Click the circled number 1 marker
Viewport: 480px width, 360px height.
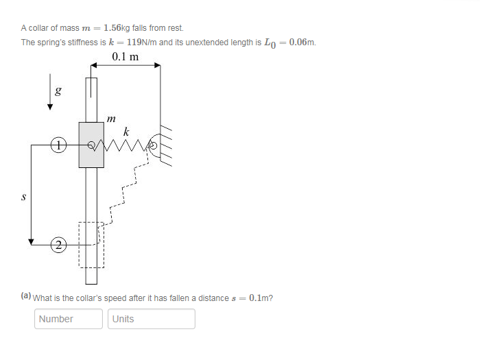pos(60,145)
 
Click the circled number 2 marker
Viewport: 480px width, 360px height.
pos(60,244)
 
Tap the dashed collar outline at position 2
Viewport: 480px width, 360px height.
pos(91,244)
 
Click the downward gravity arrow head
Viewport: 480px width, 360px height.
pos(50,106)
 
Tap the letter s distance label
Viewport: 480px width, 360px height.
pos(25,196)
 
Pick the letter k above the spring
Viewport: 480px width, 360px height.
pos(125,130)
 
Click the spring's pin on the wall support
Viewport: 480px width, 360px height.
pos(154,145)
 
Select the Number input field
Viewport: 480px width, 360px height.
pos(69,319)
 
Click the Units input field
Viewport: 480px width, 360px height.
pos(152,319)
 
